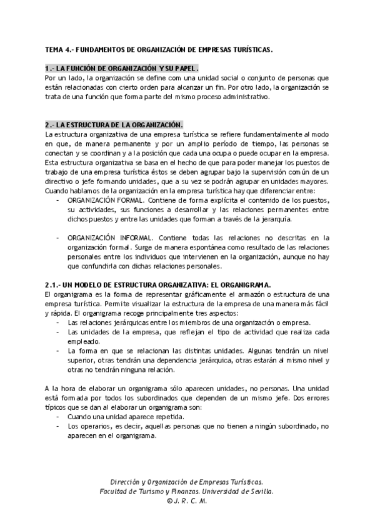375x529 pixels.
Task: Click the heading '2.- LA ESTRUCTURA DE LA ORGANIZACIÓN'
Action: tap(114, 125)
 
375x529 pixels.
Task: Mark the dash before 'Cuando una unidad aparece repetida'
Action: tap(57, 417)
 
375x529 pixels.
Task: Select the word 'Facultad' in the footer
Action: tap(116, 492)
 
